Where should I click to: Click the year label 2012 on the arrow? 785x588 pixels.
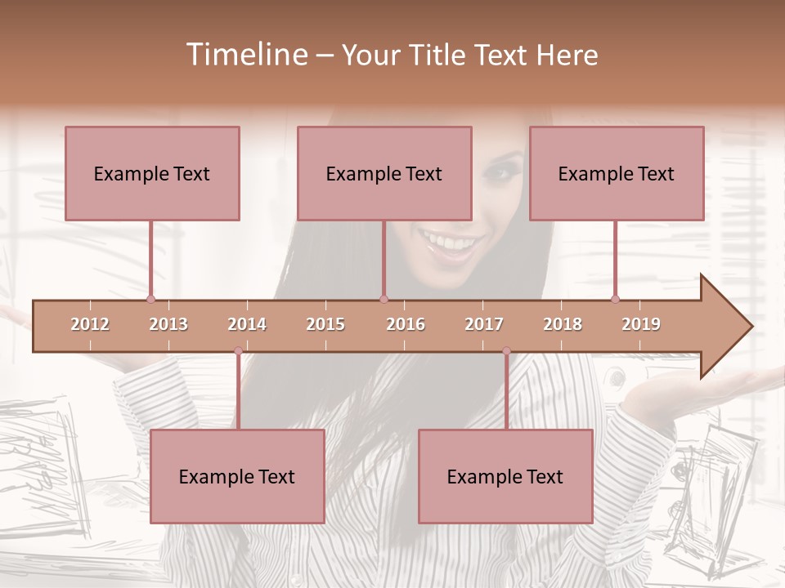[x=90, y=324]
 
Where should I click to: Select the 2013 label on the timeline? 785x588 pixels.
[x=168, y=324]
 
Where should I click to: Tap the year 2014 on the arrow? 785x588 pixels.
[x=247, y=324]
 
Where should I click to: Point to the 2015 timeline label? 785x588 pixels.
[x=325, y=324]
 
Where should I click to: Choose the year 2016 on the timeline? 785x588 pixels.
[x=406, y=324]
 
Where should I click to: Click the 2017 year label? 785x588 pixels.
[x=484, y=324]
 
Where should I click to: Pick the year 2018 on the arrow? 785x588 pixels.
[x=563, y=324]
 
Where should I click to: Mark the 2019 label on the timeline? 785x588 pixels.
[x=641, y=324]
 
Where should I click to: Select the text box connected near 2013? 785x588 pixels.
[x=152, y=173]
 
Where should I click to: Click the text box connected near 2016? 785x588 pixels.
[x=384, y=173]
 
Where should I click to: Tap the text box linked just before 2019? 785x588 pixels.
[x=617, y=173]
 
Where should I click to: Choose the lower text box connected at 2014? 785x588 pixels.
[x=237, y=476]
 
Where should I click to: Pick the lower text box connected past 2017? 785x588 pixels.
[x=505, y=476]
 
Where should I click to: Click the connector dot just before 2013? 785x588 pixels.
[x=150, y=299]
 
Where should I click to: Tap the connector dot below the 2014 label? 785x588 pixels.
[x=238, y=351]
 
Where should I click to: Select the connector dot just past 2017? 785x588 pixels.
[x=506, y=351]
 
